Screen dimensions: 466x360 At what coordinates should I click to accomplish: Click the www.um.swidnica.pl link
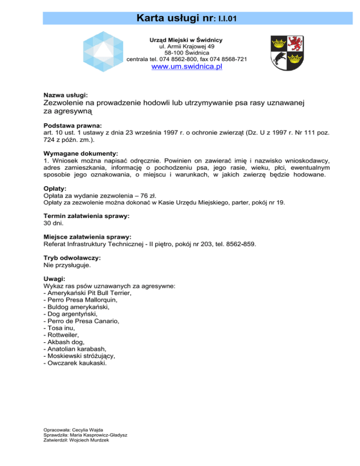pyautogui.click(x=186, y=67)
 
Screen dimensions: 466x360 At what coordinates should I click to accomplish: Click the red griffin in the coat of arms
pyautogui.click(x=295, y=44)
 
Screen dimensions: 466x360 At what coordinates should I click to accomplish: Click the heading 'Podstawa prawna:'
pyautogui.click(x=72, y=126)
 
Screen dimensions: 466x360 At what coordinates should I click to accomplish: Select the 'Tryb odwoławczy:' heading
pyautogui.click(x=72, y=257)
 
